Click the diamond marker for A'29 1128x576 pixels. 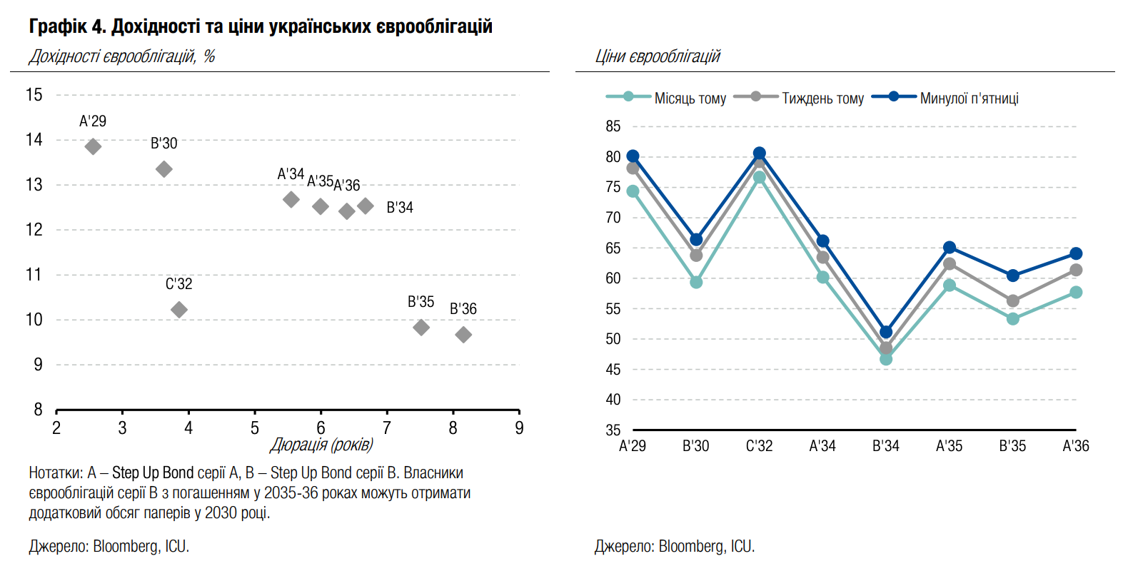click(x=93, y=146)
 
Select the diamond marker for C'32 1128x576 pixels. click(x=179, y=309)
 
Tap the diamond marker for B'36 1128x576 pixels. click(x=463, y=335)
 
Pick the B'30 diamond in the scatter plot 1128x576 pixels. click(x=164, y=169)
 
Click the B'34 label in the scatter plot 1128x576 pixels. click(x=400, y=208)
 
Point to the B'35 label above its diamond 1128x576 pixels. click(x=421, y=302)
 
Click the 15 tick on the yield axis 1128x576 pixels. click(x=34, y=95)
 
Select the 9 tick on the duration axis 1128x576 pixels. click(x=519, y=428)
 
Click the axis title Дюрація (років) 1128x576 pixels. click(x=321, y=445)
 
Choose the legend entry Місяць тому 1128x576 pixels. click(x=690, y=98)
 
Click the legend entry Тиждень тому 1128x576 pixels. click(x=822, y=98)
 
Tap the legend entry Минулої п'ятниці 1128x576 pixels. click(x=969, y=98)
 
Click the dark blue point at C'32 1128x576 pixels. click(x=760, y=153)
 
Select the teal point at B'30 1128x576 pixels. click(x=696, y=283)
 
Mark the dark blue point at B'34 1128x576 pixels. click(x=886, y=332)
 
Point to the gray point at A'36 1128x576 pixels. click(x=1076, y=270)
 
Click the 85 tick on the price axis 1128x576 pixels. click(x=613, y=126)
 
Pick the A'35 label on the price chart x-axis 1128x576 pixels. click(x=949, y=446)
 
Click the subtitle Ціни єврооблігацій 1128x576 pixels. click(x=658, y=56)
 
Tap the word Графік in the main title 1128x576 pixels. click(x=58, y=26)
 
